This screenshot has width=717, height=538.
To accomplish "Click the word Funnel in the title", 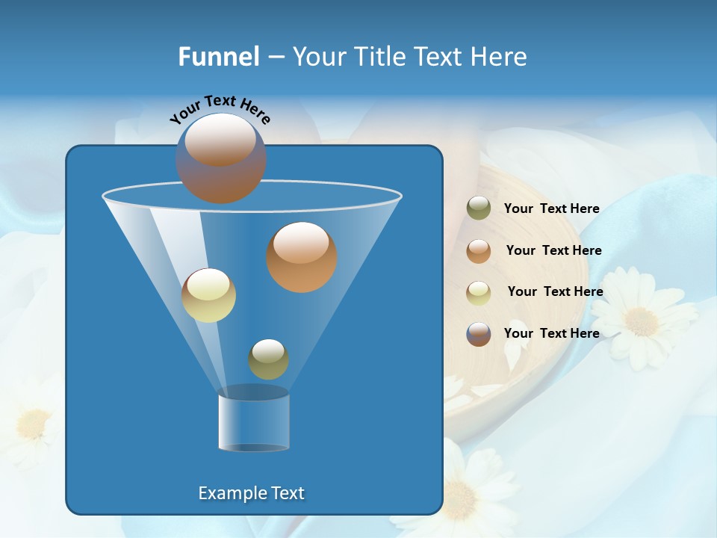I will [x=218, y=56].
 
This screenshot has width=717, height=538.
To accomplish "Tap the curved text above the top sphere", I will [x=220, y=108].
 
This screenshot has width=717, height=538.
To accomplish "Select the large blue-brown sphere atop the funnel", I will [x=221, y=158].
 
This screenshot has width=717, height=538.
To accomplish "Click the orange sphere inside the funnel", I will [x=302, y=256].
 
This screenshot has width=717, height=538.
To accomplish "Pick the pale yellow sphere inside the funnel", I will [x=208, y=295].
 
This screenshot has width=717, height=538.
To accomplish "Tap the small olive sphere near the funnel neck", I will [x=268, y=359].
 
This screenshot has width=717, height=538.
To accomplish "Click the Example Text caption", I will [x=252, y=493].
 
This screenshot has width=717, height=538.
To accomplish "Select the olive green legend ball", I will [x=479, y=208].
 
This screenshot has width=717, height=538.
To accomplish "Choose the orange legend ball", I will [x=479, y=250].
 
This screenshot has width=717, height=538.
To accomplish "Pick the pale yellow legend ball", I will [x=479, y=292].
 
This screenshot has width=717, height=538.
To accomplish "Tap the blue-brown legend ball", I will [x=479, y=333].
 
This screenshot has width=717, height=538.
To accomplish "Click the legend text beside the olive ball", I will [x=551, y=208].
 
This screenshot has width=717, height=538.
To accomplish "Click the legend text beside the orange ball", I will [x=553, y=250].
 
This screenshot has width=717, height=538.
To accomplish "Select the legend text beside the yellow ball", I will [x=555, y=291].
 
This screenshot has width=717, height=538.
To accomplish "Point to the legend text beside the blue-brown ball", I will [x=551, y=333].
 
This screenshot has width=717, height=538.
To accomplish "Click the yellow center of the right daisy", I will [x=641, y=321].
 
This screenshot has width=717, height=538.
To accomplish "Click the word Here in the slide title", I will [x=499, y=56].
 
